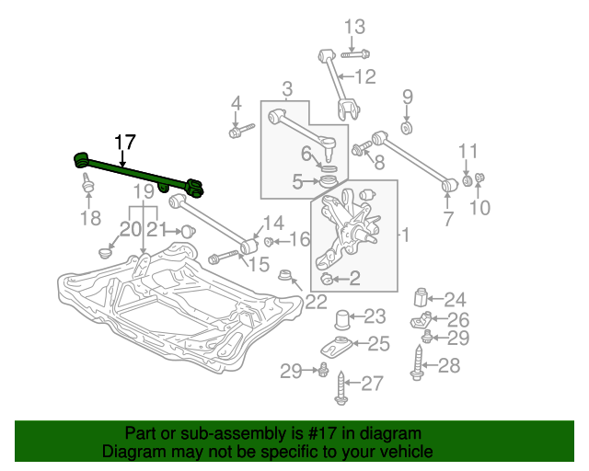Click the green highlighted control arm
(x=138, y=172)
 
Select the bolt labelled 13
(x=355, y=52)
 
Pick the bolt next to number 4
(x=240, y=131)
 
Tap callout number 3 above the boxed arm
(x=287, y=88)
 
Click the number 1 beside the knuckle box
(x=405, y=235)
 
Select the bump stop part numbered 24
(x=423, y=298)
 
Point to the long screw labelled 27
(x=342, y=385)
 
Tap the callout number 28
(x=448, y=366)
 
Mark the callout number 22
(x=317, y=299)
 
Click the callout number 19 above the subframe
(x=142, y=191)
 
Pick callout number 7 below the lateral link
(x=448, y=219)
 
